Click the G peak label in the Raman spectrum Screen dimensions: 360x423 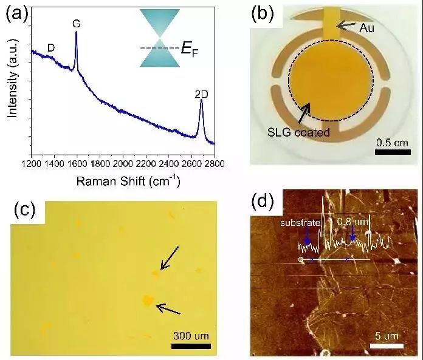pos(77,23)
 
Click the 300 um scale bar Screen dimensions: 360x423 pos(194,346)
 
